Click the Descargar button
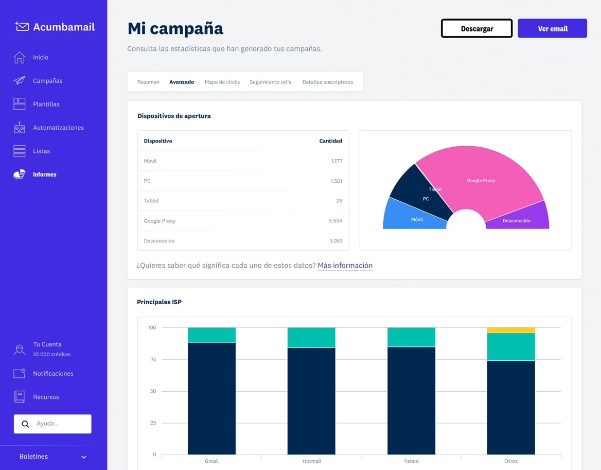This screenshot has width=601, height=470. (476, 29)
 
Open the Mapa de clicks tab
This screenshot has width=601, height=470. (222, 82)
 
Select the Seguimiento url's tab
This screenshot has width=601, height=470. (270, 82)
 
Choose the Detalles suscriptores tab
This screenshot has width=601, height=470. (327, 82)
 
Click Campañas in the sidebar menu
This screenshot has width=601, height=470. (47, 81)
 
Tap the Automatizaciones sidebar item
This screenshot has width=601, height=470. (58, 128)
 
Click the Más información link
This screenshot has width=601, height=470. (345, 266)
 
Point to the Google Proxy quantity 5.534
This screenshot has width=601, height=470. (335, 221)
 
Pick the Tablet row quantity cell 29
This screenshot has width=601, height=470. (339, 201)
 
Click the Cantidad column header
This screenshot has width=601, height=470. (330, 141)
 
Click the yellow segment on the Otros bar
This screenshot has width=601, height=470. (510, 330)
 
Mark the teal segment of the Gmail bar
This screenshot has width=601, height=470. (211, 335)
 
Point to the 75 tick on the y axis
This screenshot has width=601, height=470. (153, 359)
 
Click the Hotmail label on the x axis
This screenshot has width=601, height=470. (311, 461)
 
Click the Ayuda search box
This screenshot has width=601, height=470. (57, 424)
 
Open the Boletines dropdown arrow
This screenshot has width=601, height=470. (84, 457)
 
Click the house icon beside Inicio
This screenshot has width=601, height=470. (20, 58)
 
